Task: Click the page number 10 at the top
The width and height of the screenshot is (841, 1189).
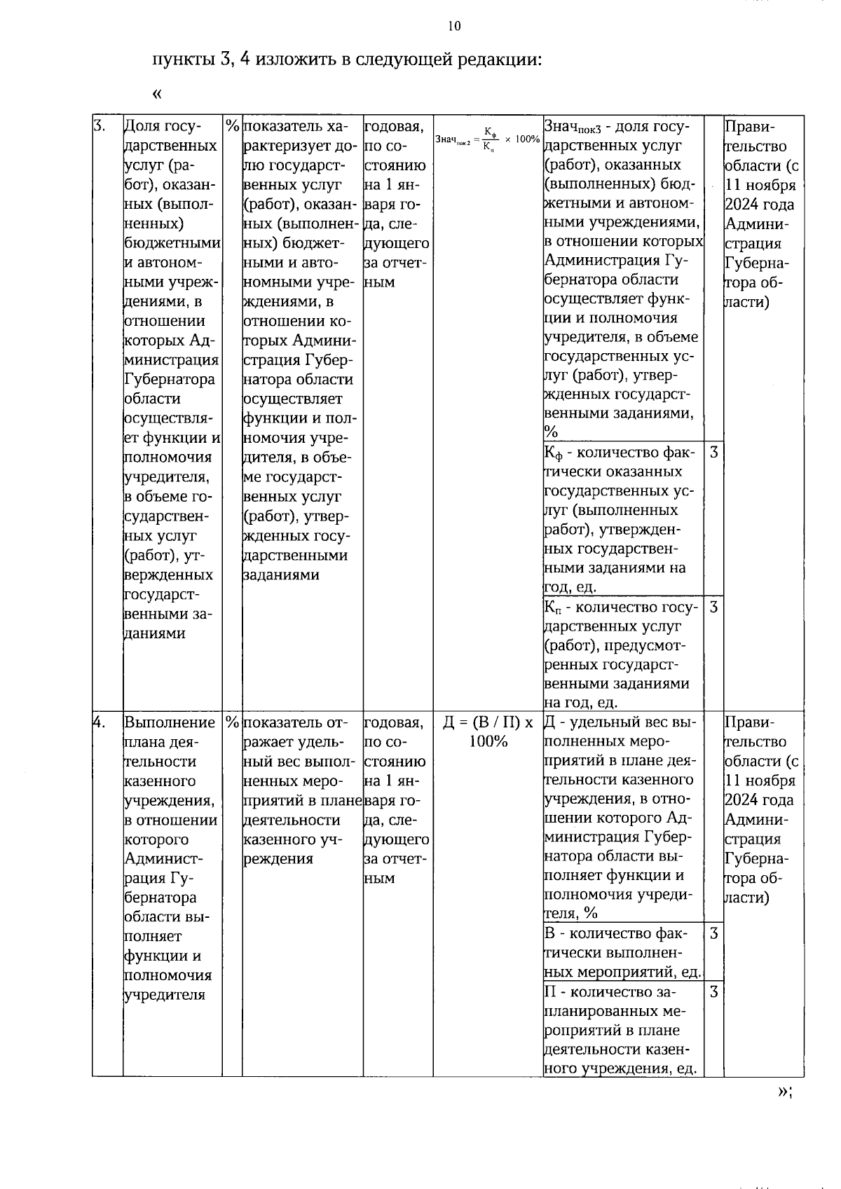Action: [x=454, y=27]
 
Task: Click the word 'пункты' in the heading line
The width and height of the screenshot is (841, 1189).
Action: [x=184, y=59]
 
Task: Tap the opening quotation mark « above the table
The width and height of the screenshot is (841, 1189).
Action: [x=157, y=93]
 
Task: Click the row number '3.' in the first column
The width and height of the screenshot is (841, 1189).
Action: [x=100, y=126]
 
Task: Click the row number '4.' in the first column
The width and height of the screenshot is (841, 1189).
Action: [x=100, y=722]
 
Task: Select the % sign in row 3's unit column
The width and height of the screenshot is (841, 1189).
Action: [x=232, y=126]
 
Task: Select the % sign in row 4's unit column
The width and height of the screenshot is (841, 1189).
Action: [x=232, y=722]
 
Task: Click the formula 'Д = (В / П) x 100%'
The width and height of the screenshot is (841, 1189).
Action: [x=488, y=731]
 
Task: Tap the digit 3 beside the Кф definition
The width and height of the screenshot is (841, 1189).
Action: [x=713, y=452]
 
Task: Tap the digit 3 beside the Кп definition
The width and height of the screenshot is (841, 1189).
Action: [x=713, y=606]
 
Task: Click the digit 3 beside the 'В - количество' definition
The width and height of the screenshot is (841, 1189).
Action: [x=713, y=933]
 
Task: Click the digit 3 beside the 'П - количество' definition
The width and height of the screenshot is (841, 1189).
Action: [x=713, y=991]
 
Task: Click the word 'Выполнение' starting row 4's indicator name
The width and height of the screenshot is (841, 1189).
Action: [x=170, y=722]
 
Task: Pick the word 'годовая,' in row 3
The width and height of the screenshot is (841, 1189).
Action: [x=393, y=127]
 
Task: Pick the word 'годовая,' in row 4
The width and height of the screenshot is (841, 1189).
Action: [x=393, y=722]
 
